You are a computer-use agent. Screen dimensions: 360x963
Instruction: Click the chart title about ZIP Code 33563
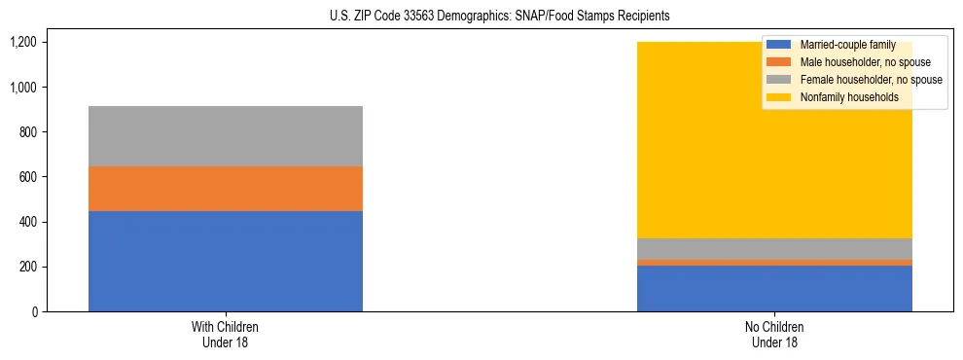[481, 17]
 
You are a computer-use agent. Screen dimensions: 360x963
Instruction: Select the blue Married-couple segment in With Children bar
[226, 261]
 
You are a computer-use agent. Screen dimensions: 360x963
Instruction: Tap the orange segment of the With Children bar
[226, 189]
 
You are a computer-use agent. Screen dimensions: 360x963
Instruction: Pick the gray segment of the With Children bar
[226, 136]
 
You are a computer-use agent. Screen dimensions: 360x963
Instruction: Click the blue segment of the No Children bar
[774, 288]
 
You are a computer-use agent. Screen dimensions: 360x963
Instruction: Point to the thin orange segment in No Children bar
[774, 262]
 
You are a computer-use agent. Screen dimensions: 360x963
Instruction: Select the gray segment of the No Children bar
[774, 248]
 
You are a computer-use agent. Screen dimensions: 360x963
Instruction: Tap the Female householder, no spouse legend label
[869, 80]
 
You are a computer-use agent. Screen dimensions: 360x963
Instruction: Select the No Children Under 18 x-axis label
[774, 334]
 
